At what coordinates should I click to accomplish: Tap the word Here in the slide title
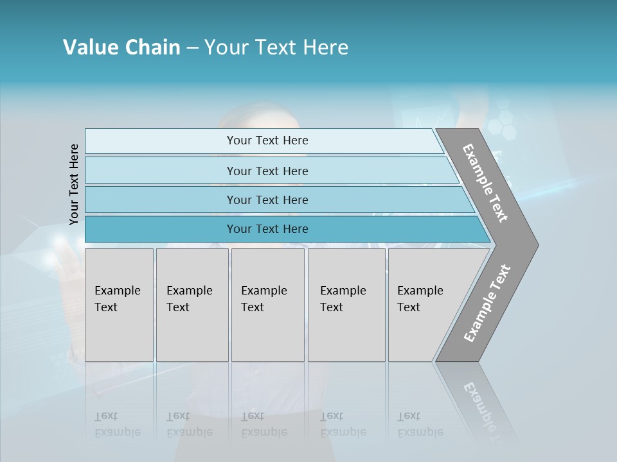[325, 47]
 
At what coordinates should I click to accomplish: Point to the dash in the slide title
[192, 48]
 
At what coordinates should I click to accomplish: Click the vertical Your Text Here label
[74, 184]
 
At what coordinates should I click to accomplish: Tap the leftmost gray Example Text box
[119, 305]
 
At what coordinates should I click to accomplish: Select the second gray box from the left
[192, 305]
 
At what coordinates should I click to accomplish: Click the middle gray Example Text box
[267, 305]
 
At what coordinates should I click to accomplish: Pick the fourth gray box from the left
[346, 305]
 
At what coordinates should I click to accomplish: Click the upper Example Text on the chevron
[485, 183]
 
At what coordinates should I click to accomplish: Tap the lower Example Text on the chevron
[487, 304]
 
